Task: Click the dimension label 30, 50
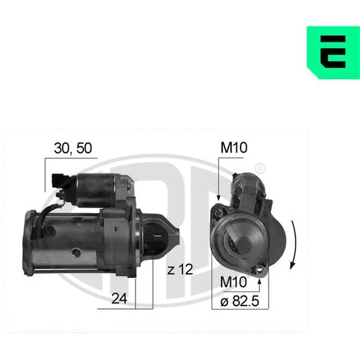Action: [x=73, y=148]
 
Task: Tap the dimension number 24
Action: [x=119, y=299]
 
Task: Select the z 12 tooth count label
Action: [x=180, y=269]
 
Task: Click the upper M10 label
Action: [x=234, y=148]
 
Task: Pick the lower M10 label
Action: [x=233, y=282]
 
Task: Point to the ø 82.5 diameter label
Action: [x=239, y=301]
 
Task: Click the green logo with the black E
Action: [x=334, y=53]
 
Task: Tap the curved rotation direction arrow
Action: [x=293, y=245]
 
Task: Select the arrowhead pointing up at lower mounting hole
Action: [x=259, y=282]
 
